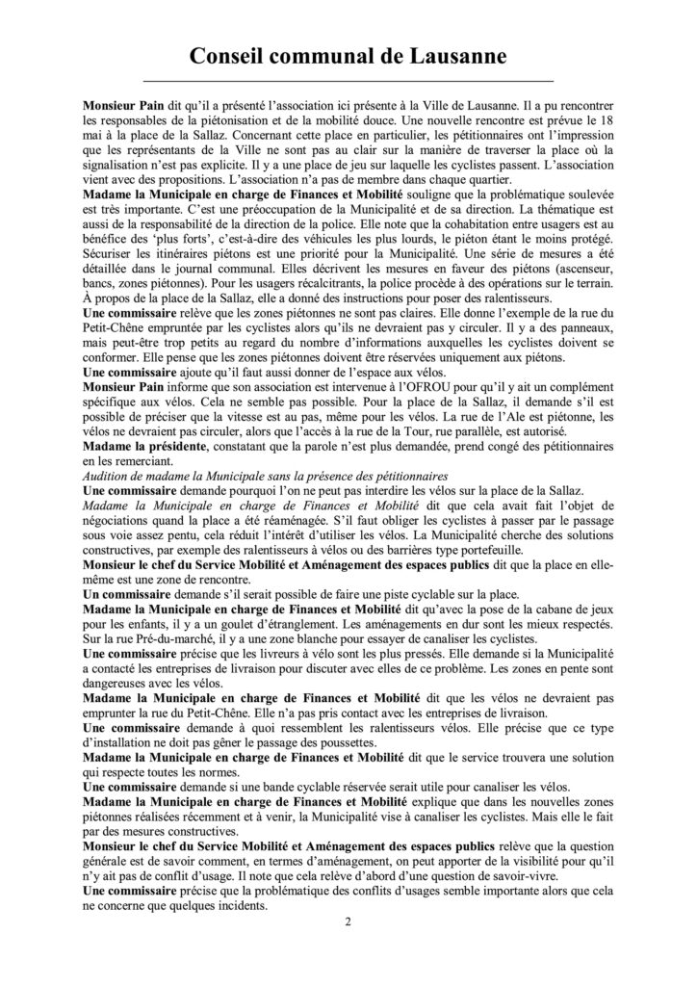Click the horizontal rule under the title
click(348, 81)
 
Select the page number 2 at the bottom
click(348, 921)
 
